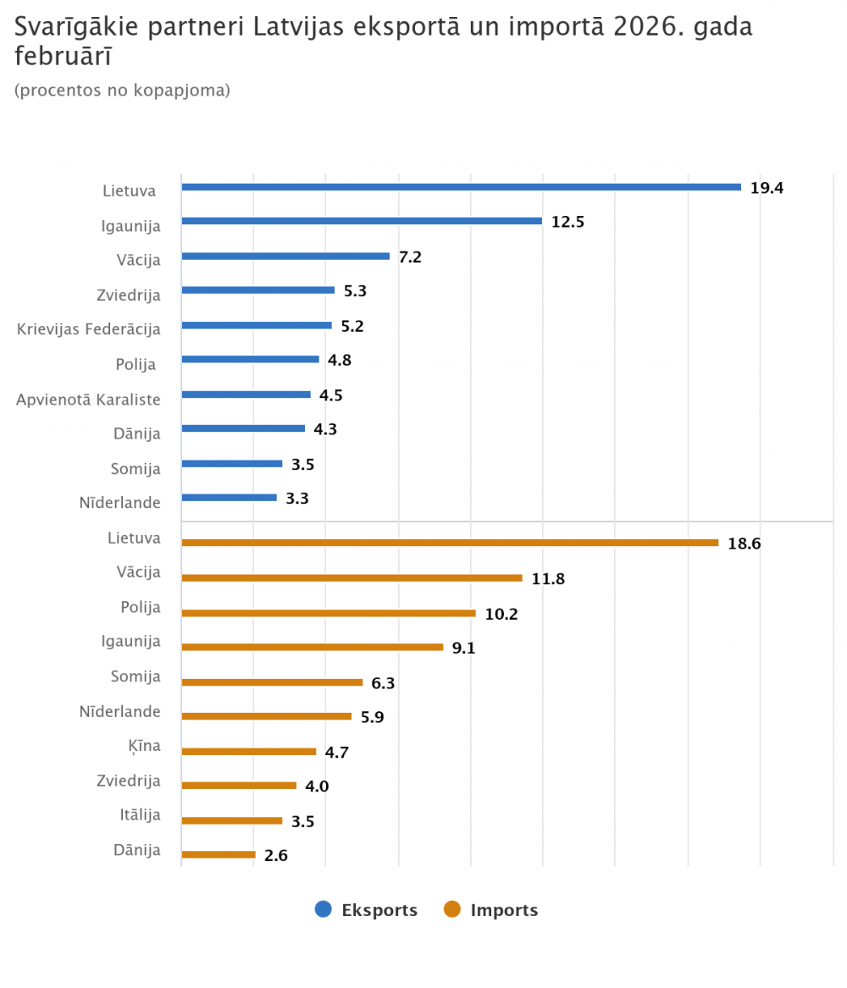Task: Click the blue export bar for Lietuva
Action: (x=462, y=187)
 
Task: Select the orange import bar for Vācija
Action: (x=352, y=578)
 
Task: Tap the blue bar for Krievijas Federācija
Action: (x=257, y=325)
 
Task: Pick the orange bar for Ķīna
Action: (x=249, y=751)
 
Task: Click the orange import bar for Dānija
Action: (x=219, y=854)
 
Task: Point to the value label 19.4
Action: (x=767, y=188)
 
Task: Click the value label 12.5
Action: (x=567, y=223)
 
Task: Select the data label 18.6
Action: (x=744, y=544)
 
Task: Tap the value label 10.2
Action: (x=501, y=614)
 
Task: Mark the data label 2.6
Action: (x=275, y=856)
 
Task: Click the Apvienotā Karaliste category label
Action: (x=88, y=399)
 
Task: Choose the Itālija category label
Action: (x=140, y=815)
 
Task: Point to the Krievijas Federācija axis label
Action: (x=88, y=328)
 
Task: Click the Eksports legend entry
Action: (x=366, y=910)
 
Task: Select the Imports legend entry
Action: (x=491, y=910)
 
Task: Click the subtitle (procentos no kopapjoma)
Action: (x=122, y=90)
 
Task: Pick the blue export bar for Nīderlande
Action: (x=230, y=498)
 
